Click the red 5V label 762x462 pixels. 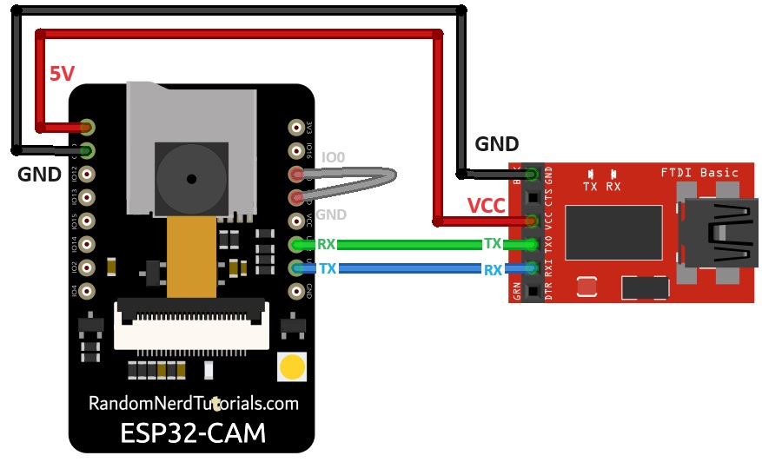(x=62, y=75)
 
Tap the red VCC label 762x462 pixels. (x=486, y=206)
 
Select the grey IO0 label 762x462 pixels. (x=334, y=158)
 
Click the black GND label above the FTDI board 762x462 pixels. (x=496, y=145)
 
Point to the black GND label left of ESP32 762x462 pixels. (x=39, y=175)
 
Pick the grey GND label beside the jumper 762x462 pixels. (x=331, y=214)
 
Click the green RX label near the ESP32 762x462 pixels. (x=327, y=245)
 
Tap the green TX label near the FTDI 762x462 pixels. (x=493, y=245)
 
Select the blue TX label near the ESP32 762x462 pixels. (x=328, y=269)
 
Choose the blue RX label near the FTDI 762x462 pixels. (x=493, y=270)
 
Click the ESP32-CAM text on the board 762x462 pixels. (x=193, y=432)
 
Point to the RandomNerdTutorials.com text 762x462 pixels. (x=193, y=404)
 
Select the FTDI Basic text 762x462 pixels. (x=699, y=172)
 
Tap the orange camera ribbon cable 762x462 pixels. (x=190, y=256)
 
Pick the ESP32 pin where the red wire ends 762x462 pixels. (x=87, y=127)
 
